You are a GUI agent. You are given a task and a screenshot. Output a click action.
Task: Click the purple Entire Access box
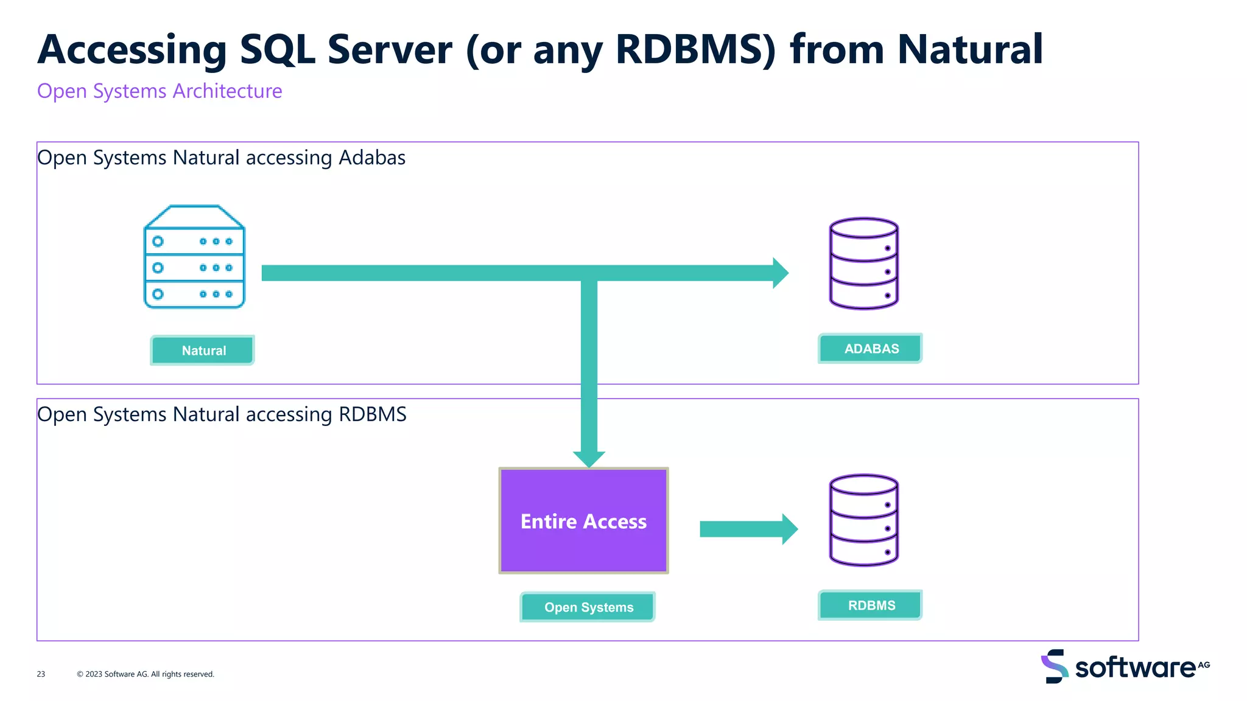[x=583, y=521]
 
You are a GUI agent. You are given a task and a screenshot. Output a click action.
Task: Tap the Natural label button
[x=203, y=350]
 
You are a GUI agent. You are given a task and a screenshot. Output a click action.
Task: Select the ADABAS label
[x=870, y=349]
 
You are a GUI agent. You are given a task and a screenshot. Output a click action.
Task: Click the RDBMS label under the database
[x=870, y=605]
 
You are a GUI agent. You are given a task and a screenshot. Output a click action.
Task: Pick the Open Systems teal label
[x=588, y=607]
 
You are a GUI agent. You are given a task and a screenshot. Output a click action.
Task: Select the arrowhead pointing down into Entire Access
[x=589, y=458]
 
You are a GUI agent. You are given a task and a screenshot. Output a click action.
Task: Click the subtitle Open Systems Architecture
[x=160, y=91]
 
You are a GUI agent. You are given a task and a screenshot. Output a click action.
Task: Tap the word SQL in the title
[x=278, y=50]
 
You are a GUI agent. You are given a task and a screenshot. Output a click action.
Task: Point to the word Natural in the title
[x=969, y=50]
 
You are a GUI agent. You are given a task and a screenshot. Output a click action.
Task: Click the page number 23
[x=41, y=674]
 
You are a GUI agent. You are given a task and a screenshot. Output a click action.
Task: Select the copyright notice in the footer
[x=146, y=674]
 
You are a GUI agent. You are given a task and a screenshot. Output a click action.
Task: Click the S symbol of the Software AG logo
[x=1055, y=666]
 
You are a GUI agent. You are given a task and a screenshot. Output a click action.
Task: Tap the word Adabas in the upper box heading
[x=372, y=158]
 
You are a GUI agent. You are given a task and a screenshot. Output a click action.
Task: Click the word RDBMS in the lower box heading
[x=372, y=414]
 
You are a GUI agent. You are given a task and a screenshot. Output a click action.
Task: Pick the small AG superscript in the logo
[x=1204, y=664]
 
